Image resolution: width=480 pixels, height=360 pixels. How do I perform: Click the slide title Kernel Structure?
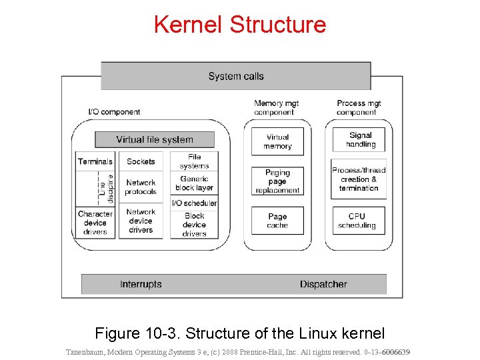tap(240, 24)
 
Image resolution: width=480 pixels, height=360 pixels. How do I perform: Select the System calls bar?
tap(236, 76)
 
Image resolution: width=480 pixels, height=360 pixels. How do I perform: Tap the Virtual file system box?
tap(155, 139)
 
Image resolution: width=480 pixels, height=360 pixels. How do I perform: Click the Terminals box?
tap(95, 161)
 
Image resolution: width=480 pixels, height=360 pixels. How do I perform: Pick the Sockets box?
tap(141, 161)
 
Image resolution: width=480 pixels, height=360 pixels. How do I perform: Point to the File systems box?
tap(194, 161)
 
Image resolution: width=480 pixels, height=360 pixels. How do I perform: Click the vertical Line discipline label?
tap(107, 189)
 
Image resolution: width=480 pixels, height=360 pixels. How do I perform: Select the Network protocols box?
tap(141, 187)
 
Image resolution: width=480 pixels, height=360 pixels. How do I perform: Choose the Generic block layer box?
tap(194, 183)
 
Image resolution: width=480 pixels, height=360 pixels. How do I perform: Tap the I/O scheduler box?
tap(194, 203)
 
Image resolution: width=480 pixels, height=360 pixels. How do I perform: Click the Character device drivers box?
tap(95, 223)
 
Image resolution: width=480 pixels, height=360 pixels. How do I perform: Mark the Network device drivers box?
tap(141, 221)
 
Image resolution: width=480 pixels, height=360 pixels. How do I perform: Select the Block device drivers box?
tap(194, 225)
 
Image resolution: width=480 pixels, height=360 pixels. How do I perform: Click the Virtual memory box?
tap(277, 141)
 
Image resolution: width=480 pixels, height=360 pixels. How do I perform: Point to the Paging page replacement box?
tap(277, 181)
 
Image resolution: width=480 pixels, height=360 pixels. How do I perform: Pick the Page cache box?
tap(277, 221)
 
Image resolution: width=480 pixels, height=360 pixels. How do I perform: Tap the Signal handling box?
tap(360, 139)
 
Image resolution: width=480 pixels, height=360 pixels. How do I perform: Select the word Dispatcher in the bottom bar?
tap(323, 284)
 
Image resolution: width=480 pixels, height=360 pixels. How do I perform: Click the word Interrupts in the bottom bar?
tap(141, 284)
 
